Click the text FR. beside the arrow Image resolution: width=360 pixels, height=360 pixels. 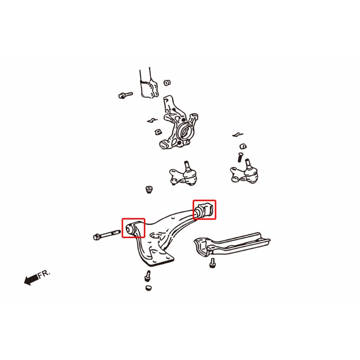click(44, 274)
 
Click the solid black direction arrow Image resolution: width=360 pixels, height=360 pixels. click(31, 279)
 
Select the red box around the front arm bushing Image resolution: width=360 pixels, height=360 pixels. click(133, 228)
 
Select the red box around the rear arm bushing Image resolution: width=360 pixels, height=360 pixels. click(204, 210)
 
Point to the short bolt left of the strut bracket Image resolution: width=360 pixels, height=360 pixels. click(126, 95)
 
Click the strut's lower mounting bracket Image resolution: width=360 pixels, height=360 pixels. click(149, 88)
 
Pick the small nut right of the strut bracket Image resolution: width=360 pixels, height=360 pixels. click(167, 83)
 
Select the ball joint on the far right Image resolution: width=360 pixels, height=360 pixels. click(245, 173)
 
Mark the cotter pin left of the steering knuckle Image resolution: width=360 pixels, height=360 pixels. click(152, 120)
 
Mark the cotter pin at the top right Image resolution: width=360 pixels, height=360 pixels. click(237, 135)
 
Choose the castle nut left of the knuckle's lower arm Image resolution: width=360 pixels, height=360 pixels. click(158, 132)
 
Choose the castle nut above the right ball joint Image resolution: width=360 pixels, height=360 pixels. click(243, 146)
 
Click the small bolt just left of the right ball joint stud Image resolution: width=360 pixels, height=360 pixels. click(240, 157)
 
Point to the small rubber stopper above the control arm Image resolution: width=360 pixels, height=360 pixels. click(149, 190)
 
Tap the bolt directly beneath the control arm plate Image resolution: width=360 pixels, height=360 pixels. click(148, 276)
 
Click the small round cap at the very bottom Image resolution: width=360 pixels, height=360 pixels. click(149, 288)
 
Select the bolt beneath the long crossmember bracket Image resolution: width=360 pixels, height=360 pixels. click(212, 263)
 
